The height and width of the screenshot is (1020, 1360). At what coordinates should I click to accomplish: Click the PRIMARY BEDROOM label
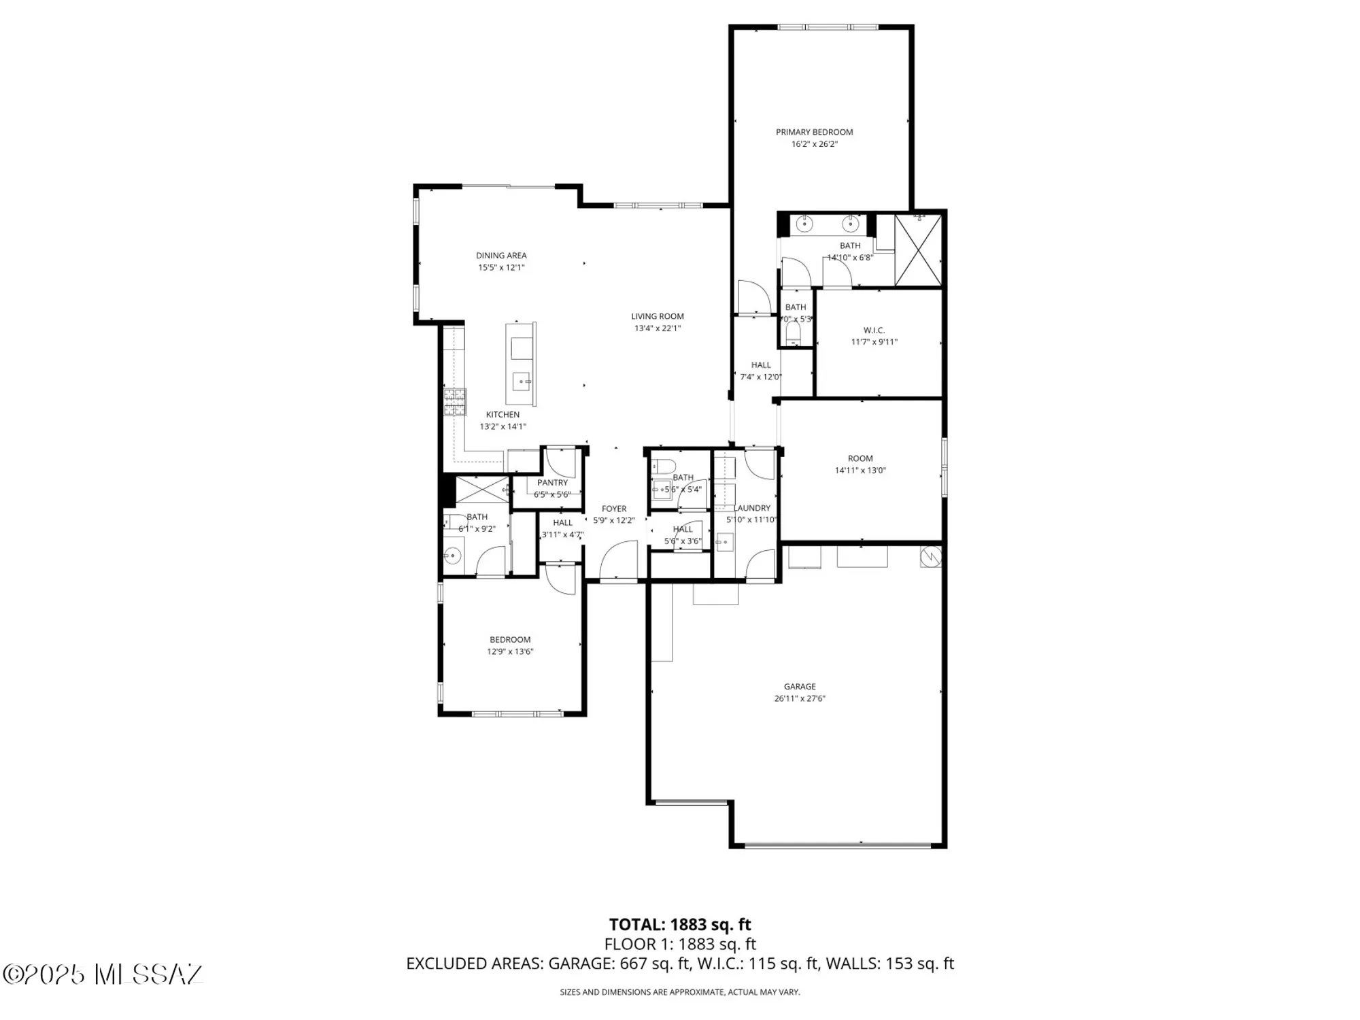coord(814,132)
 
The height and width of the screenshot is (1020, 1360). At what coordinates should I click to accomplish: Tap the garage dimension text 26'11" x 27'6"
coord(799,698)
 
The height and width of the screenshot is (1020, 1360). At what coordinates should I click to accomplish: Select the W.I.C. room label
coord(874,330)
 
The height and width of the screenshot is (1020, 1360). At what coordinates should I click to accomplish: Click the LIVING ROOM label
coord(657,316)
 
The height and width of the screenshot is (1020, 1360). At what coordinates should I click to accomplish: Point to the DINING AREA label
coord(501,256)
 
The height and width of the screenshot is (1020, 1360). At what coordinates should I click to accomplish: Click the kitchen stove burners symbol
coord(455,401)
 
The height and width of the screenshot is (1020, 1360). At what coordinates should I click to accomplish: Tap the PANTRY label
coord(552,483)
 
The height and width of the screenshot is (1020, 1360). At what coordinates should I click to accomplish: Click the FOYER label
coord(613,509)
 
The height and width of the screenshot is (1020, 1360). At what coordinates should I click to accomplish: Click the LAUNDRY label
coord(752,508)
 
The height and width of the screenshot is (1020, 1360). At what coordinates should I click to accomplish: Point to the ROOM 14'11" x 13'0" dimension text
coord(860,471)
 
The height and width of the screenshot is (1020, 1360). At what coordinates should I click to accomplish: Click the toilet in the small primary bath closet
coord(793,333)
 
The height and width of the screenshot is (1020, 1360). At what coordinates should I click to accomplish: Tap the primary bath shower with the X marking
coord(918,250)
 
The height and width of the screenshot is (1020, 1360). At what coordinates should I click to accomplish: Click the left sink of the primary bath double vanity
coord(806,223)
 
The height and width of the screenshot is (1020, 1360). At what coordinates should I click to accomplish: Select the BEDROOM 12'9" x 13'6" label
coord(510,640)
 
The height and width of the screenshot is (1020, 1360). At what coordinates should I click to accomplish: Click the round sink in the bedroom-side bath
coord(453,556)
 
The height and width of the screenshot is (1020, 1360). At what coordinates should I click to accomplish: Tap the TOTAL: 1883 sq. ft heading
coord(680,925)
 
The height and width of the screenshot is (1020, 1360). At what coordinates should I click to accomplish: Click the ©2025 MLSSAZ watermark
coord(103,974)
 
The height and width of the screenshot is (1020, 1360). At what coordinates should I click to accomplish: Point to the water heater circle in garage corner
coord(930,557)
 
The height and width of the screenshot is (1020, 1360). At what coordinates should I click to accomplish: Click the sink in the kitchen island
coord(522,381)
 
